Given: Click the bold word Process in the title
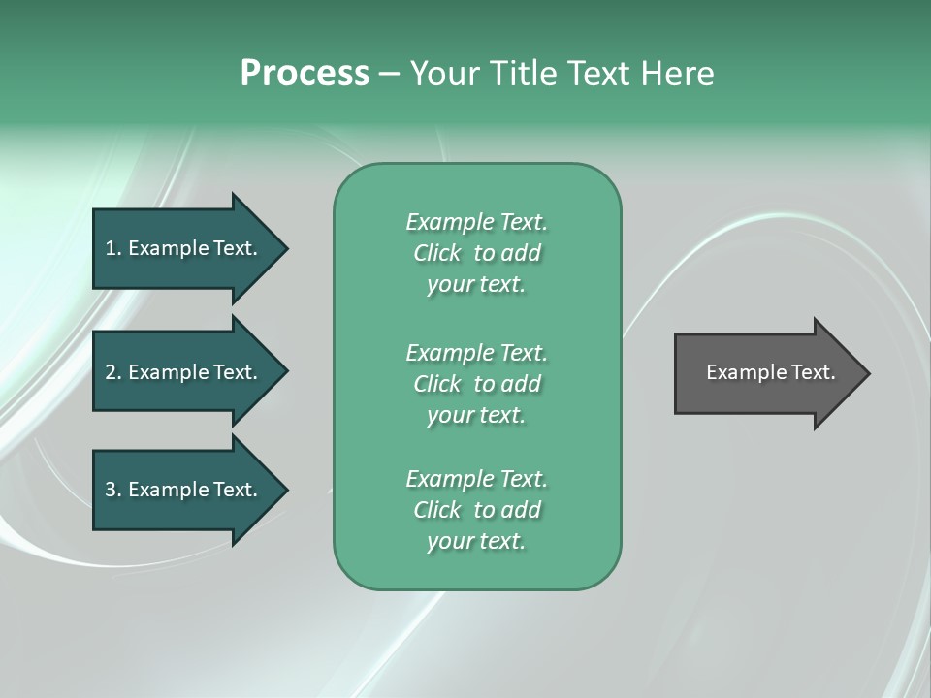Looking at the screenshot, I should (x=305, y=74).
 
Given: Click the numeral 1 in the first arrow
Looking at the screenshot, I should (x=111, y=248).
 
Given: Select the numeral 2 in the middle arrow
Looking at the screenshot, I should (x=111, y=372).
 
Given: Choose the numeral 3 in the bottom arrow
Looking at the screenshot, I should (x=111, y=490).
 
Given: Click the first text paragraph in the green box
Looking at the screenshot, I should (x=476, y=253).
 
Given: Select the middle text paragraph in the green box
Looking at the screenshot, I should (x=476, y=384).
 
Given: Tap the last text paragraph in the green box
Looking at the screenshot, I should (x=476, y=510).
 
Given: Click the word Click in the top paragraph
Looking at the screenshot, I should (x=436, y=253).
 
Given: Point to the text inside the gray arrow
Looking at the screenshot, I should (x=770, y=372).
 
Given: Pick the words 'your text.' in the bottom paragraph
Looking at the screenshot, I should (x=476, y=541).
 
